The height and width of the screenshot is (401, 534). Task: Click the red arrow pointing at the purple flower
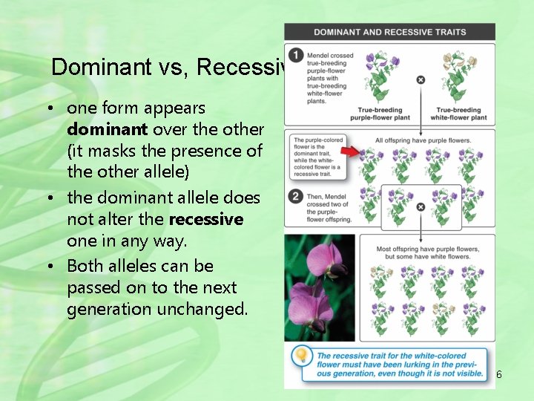[368, 152]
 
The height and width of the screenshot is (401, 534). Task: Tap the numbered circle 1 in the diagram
[296, 56]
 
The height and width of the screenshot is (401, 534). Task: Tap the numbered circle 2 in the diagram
[296, 196]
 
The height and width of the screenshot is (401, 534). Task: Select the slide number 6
[499, 375]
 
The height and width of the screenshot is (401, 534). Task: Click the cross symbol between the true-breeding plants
[421, 79]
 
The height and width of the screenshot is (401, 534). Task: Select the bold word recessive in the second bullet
[206, 220]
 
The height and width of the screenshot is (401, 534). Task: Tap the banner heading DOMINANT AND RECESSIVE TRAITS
[389, 32]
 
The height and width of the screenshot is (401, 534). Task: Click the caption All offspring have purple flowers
[423, 140]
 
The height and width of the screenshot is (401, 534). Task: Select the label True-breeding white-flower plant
[458, 114]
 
